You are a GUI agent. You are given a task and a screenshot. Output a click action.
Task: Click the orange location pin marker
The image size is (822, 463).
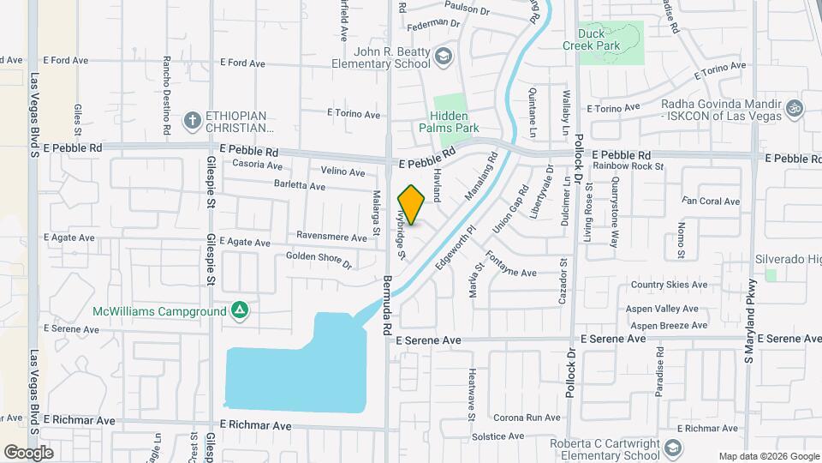412,205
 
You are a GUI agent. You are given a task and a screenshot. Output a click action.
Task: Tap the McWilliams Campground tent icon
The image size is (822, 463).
241,310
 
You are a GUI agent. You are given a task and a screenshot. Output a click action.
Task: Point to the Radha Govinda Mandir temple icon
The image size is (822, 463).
795,108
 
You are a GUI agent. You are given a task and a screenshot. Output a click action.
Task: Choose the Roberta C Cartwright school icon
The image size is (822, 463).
674,448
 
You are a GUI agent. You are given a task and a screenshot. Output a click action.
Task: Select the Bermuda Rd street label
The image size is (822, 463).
387,304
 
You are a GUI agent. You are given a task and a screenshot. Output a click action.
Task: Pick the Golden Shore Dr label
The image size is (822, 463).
319,260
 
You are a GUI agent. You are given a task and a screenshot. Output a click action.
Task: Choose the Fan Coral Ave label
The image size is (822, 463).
710,201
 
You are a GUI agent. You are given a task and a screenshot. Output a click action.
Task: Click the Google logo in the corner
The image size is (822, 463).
28,452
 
